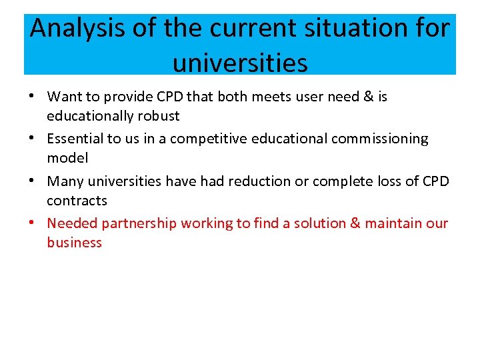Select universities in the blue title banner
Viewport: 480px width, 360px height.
coord(240,63)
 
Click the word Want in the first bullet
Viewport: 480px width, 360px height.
coord(64,97)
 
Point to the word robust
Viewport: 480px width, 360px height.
coord(159,116)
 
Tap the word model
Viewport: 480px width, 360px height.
coord(67,158)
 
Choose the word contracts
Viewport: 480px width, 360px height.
coord(77,200)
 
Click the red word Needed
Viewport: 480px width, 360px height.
coord(72,223)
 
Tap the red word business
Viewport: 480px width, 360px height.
coord(74,243)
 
